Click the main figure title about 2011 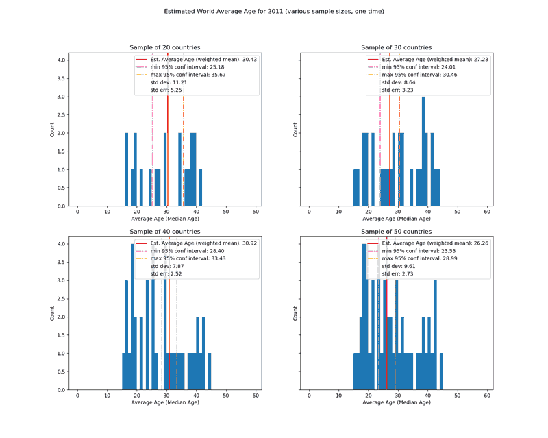pos(274,12)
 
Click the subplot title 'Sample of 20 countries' pos(165,47)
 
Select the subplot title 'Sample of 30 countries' pos(397,47)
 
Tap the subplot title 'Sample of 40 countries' pos(165,232)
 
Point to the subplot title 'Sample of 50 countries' pos(397,232)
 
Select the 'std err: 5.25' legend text pos(166,90)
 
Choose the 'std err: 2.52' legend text pos(166,273)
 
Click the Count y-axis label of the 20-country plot pos(53,129)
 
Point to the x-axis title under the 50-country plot pos(397,402)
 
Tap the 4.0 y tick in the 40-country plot pos(62,244)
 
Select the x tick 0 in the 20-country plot pos(77,212)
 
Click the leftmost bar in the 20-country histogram pos(127,169)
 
